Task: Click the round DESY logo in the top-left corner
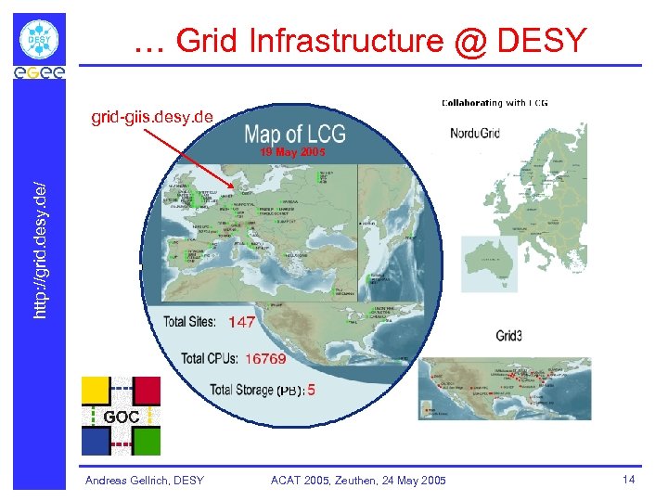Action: click(40, 40)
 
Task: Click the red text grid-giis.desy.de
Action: click(151, 117)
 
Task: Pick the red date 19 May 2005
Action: click(292, 151)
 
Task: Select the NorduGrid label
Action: click(475, 133)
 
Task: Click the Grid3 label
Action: click(513, 336)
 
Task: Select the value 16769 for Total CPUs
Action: click(266, 358)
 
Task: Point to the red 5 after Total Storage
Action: click(312, 391)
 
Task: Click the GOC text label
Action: click(121, 417)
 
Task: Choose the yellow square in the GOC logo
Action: click(96, 391)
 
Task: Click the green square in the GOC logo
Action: click(147, 441)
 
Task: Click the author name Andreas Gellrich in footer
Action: click(145, 480)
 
